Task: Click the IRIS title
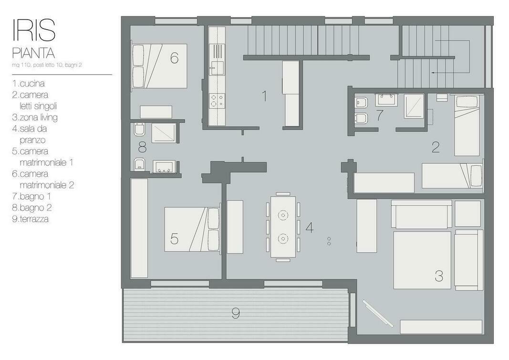tap(34, 30)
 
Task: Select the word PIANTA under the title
tap(33, 53)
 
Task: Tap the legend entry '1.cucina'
tap(29, 84)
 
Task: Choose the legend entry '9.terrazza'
tap(31, 219)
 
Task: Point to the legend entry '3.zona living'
tap(35, 117)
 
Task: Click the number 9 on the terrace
tap(236, 314)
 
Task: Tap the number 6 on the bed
tap(174, 58)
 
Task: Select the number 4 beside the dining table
tap(310, 227)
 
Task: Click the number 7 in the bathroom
tap(379, 116)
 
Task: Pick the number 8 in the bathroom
tap(142, 148)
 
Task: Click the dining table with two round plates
tap(283, 226)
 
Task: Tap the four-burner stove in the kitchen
tap(217, 100)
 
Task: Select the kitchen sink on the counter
tap(217, 68)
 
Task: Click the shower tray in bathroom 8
tap(164, 133)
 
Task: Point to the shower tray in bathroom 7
tap(414, 106)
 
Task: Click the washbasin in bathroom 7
tap(386, 99)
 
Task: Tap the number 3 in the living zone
tap(439, 276)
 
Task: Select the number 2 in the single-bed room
tap(436, 148)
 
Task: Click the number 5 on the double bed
tap(174, 239)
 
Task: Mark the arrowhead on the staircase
tap(433, 73)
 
